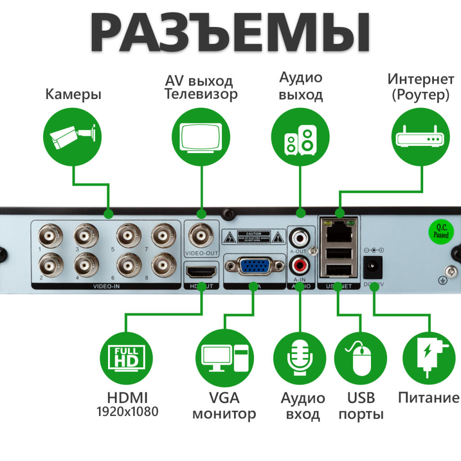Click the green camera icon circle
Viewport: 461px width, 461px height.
(72, 136)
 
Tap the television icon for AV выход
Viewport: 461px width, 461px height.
(201, 136)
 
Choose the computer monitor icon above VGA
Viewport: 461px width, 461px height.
(224, 358)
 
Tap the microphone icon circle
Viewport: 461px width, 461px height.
(300, 358)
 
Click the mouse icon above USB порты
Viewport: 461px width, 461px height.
(361, 358)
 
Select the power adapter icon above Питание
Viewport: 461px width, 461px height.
(429, 358)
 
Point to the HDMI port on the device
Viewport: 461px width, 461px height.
(201, 272)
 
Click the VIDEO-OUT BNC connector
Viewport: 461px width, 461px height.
(201, 234)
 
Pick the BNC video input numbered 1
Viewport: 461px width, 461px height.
(48, 235)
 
